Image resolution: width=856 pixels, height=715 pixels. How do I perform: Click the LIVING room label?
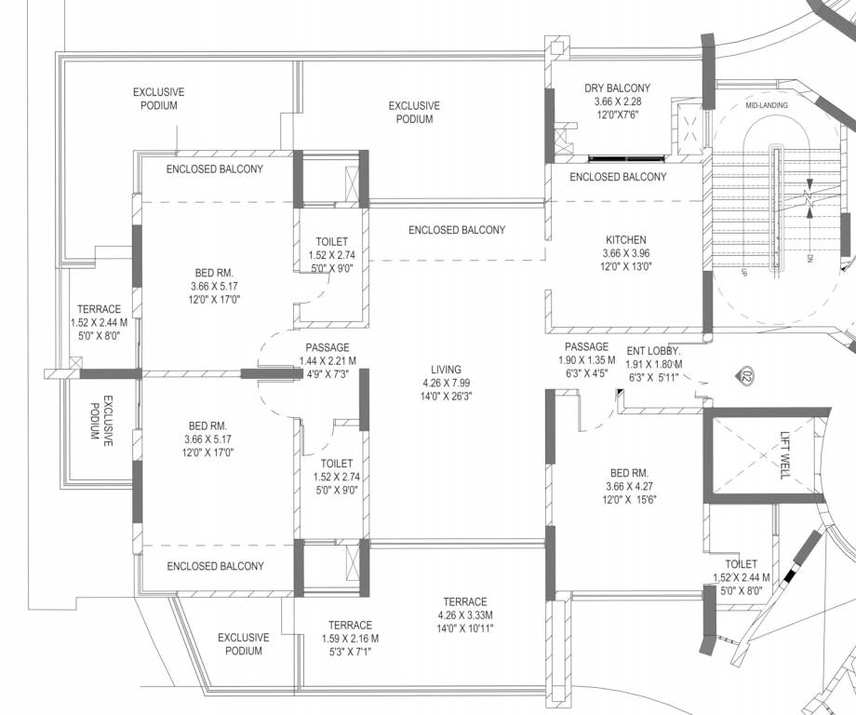coord(446,370)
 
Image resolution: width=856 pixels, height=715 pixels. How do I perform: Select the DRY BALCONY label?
coord(618,88)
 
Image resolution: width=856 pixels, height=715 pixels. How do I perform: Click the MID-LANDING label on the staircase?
coord(767,105)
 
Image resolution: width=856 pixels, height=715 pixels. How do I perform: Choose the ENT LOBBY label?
coord(653,351)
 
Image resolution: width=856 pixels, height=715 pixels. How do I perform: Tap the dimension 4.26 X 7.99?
coord(447,383)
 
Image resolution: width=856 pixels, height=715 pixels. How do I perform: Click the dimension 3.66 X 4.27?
coord(630,486)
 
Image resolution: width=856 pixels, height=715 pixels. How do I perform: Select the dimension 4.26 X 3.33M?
coord(465,615)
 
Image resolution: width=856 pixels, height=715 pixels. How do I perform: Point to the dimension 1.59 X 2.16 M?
coord(351,638)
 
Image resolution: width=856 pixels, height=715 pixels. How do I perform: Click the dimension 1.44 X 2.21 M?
coord(328,360)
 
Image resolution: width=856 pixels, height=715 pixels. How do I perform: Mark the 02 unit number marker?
coord(747,376)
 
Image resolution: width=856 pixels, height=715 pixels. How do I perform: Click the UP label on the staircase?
coord(743,272)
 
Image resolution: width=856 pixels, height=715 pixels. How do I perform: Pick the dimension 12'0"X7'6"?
coord(618,115)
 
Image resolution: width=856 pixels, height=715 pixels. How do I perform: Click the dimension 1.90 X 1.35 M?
coord(587,360)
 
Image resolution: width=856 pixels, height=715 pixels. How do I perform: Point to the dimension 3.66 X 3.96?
coord(626,253)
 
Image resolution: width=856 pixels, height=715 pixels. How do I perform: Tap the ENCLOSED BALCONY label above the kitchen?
coord(618,177)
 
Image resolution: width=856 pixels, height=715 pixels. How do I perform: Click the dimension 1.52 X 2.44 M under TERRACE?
coord(99,323)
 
